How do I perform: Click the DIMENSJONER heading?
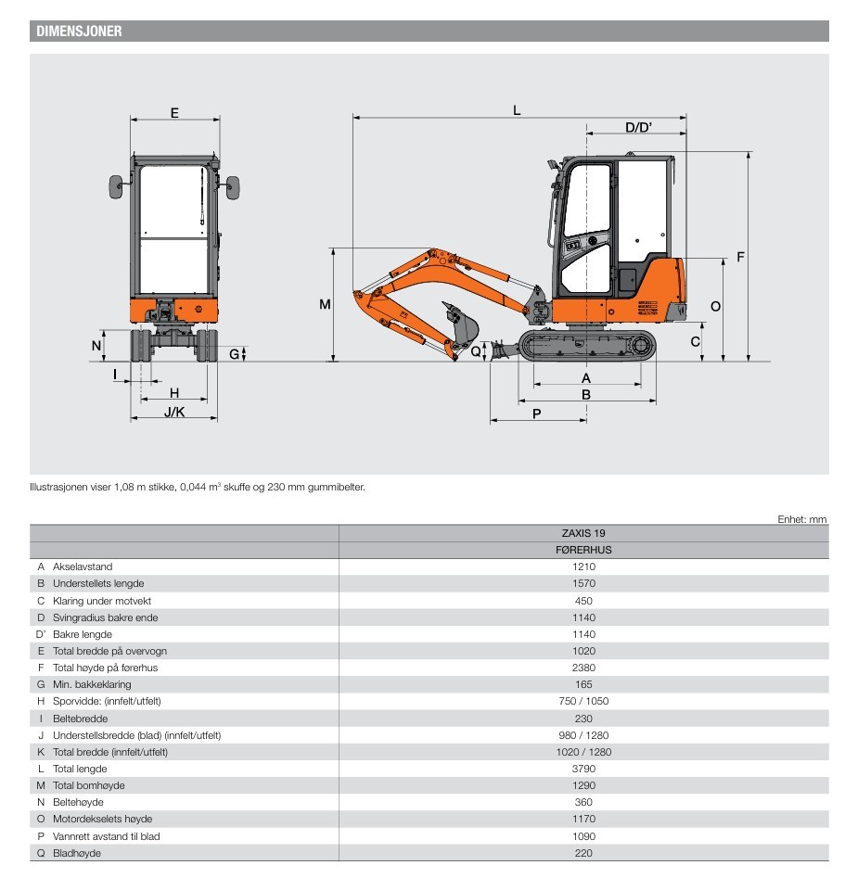[80, 32]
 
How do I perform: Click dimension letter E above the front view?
[174, 113]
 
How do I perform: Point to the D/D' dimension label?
[638, 127]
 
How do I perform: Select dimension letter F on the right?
[739, 257]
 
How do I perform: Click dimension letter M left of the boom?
[325, 304]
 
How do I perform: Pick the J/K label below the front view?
[174, 412]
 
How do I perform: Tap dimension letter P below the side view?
[537, 414]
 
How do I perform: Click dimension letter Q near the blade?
[476, 350]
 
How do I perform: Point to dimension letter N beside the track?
[96, 346]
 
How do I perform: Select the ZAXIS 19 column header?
[583, 533]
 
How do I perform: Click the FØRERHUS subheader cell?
[583, 550]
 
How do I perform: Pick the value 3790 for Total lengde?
[583, 769]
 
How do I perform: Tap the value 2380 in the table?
[583, 668]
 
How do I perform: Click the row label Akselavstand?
[83, 566]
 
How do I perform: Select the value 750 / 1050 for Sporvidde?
[583, 701]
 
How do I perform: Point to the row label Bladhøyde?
[77, 853]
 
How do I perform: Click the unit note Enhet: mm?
[801, 519]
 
